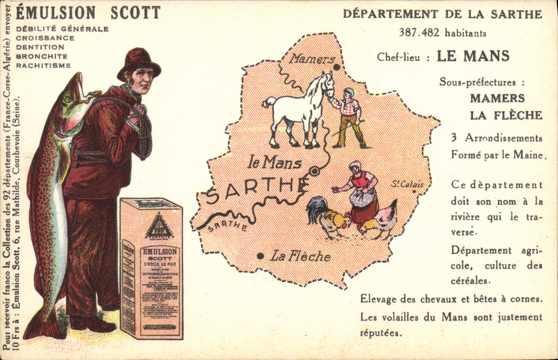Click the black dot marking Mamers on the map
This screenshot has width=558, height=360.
point(337,67)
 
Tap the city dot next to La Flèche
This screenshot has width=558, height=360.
point(260,256)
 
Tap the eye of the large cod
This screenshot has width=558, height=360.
point(67,98)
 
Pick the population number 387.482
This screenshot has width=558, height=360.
point(419,32)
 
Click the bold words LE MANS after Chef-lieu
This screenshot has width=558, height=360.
point(473,56)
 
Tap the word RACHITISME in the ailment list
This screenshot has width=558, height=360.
point(43,66)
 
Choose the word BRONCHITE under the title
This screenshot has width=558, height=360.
point(42,57)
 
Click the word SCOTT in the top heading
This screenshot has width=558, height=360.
point(135,13)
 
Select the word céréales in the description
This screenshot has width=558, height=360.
point(470,281)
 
